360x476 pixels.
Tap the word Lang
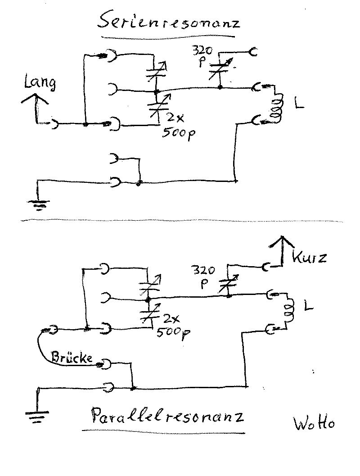tap(40, 84)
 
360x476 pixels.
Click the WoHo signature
tap(314, 423)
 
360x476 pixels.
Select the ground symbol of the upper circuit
tap(39, 205)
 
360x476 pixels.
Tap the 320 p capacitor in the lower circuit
tap(228, 283)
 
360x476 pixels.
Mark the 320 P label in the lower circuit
tap(204, 277)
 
